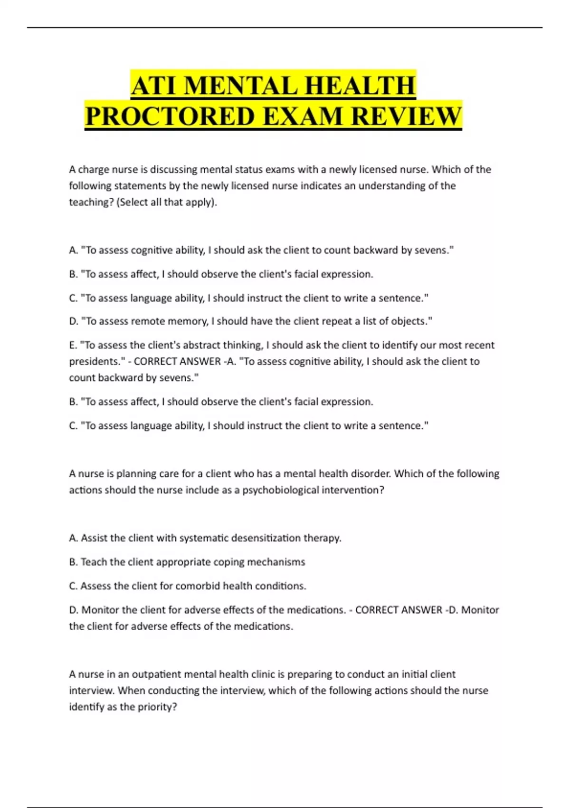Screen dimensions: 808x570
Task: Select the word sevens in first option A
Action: (433, 250)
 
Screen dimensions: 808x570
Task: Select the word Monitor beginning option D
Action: (100, 610)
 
